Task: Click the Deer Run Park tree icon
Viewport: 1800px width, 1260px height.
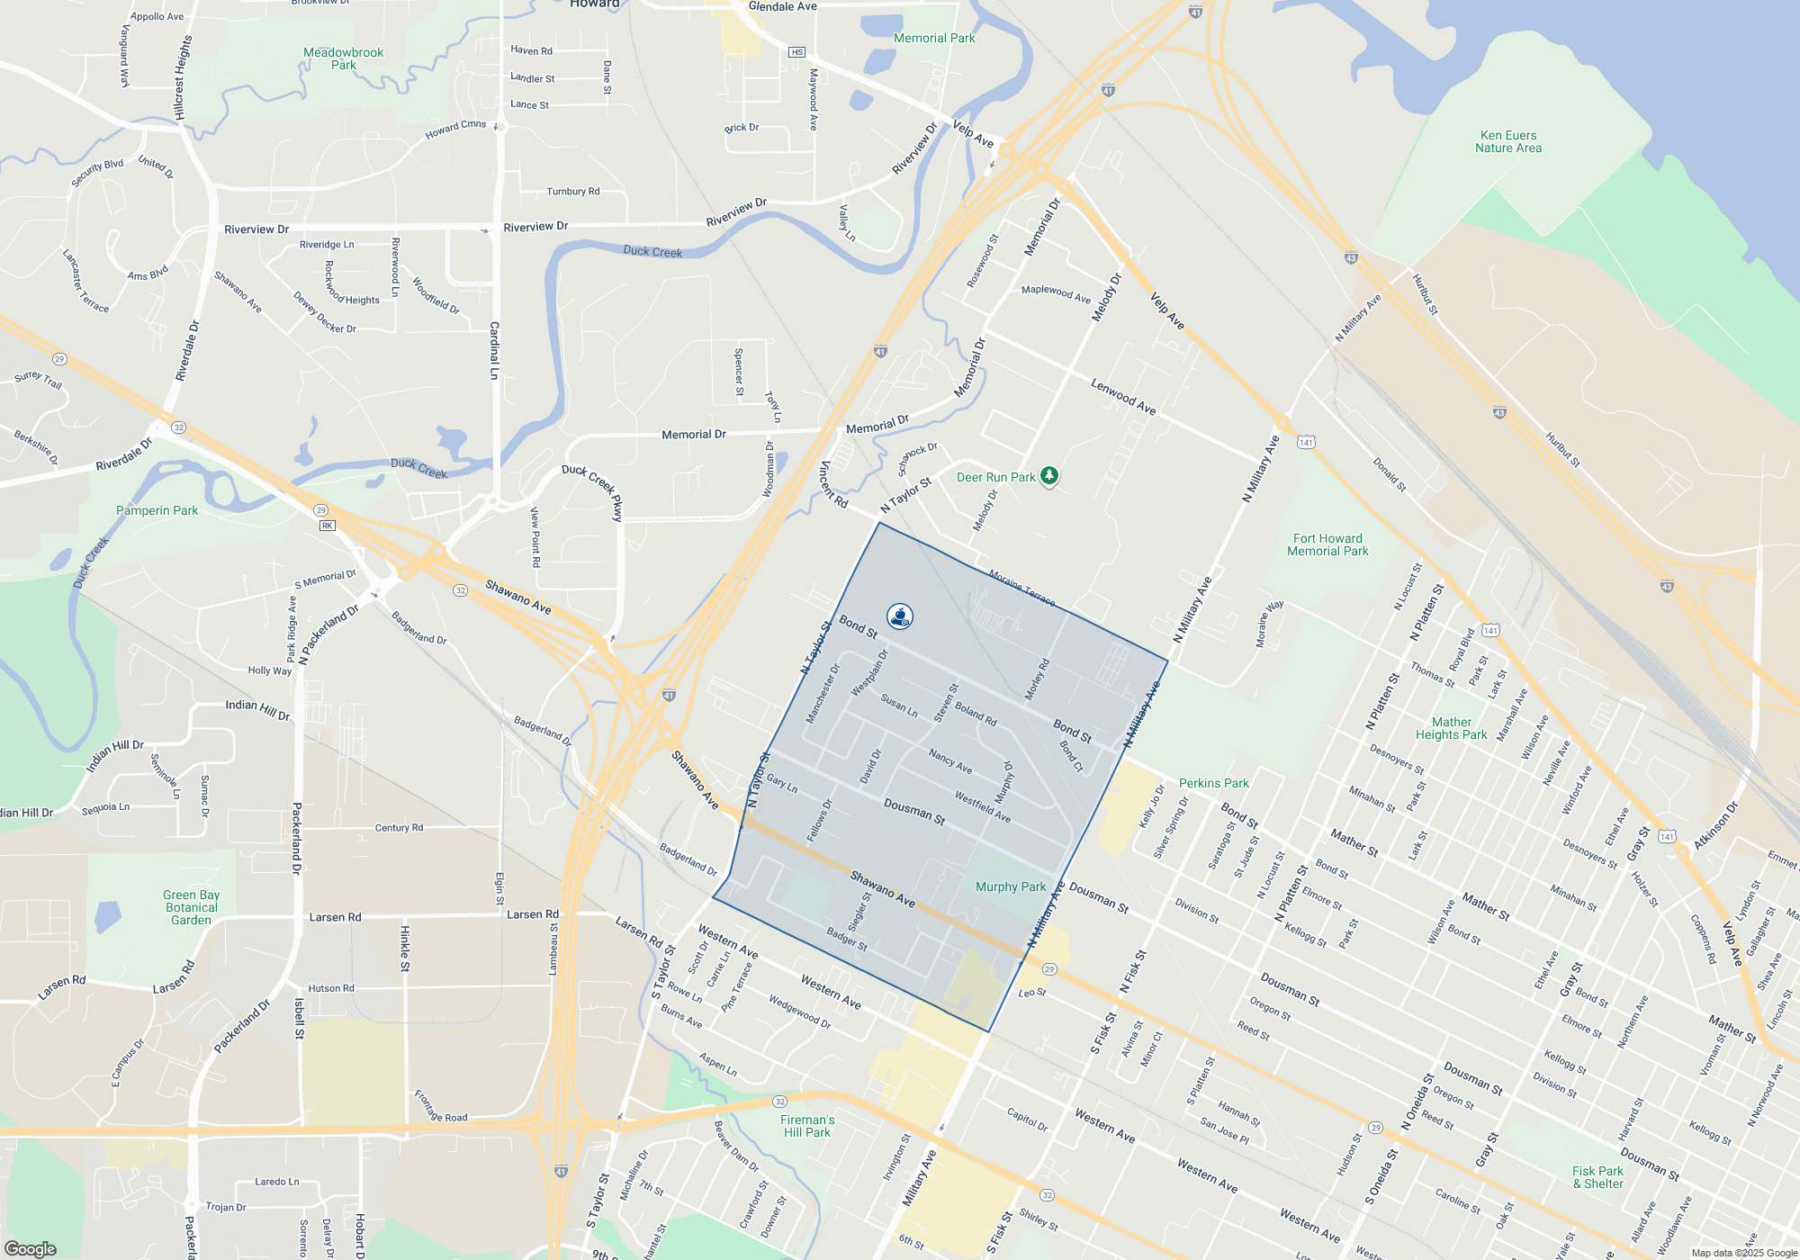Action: coord(1048,475)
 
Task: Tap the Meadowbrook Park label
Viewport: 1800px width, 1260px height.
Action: coord(343,58)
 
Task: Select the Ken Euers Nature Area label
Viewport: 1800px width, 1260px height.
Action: coord(1508,142)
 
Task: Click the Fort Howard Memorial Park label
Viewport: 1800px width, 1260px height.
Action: coord(1327,544)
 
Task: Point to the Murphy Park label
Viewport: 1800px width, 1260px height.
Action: coord(1011,886)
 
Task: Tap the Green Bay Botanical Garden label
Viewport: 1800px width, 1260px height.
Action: coord(192,907)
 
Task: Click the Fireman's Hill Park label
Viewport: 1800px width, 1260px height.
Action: coord(807,1126)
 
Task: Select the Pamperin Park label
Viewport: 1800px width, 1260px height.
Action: coord(157,510)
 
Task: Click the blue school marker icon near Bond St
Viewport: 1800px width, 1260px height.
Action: coord(900,616)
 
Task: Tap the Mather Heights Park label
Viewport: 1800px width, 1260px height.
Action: coord(1451,728)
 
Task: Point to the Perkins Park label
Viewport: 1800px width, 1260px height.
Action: coord(1213,783)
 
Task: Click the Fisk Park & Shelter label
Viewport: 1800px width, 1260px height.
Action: coord(1597,1177)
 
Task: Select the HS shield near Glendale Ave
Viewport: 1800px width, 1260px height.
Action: coord(796,52)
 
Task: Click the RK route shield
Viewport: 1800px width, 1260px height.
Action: coord(328,526)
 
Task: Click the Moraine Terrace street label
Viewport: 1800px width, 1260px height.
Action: coord(1021,587)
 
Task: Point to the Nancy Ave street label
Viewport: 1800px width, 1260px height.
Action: coord(950,761)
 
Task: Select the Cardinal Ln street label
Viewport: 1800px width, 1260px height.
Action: coord(494,350)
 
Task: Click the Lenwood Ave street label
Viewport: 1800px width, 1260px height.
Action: coord(1123,397)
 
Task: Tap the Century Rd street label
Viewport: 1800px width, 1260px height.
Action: coord(399,827)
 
